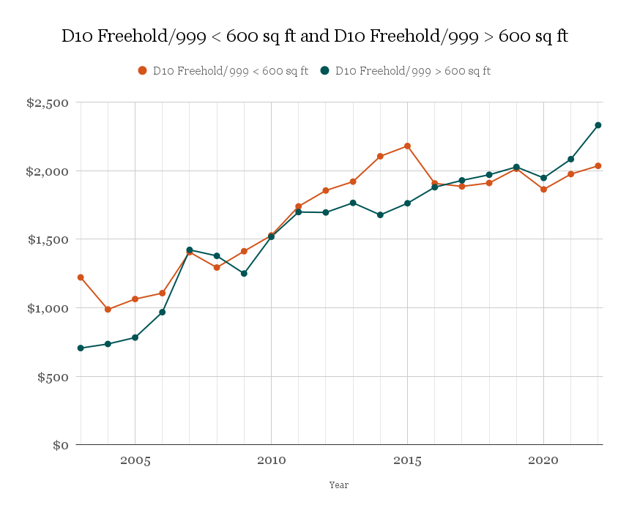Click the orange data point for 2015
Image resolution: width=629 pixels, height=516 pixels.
407,146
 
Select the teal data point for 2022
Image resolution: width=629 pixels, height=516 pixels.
598,125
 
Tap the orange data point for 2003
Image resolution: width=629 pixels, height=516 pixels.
81,277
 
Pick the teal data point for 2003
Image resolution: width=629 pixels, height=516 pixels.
81,348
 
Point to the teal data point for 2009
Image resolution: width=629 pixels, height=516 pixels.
244,274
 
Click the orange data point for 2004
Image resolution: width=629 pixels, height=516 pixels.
108,310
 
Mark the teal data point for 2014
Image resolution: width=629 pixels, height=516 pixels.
380,214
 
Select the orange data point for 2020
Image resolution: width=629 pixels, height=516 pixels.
543,190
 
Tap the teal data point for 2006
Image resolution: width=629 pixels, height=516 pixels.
163,312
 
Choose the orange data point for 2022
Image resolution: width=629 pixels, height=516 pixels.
598,166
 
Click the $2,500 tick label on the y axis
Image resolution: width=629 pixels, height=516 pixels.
48,103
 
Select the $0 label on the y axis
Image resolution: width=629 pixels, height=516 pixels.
62,445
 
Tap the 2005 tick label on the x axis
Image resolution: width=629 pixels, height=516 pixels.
135,461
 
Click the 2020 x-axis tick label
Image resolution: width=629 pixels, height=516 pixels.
543,461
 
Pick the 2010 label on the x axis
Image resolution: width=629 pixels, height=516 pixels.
271,461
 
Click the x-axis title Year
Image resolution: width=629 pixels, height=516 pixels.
338,485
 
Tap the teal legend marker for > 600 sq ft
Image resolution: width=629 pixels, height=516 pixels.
325,71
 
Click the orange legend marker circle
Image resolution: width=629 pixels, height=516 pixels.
143,71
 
